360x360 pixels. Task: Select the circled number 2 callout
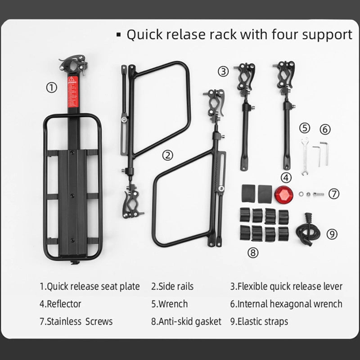pos(167,156)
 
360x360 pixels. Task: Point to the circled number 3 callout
pos(224,71)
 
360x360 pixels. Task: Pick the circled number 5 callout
pos(305,128)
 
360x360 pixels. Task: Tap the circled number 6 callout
pos(325,129)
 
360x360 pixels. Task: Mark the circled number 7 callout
pos(333,194)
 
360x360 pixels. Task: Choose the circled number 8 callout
pos(253,252)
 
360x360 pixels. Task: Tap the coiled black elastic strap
pos(306,230)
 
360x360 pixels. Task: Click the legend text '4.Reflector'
pos(60,304)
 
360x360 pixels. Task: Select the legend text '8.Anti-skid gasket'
pos(186,321)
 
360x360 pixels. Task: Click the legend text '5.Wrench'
pos(169,304)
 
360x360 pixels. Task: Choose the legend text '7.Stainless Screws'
pos(76,321)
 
